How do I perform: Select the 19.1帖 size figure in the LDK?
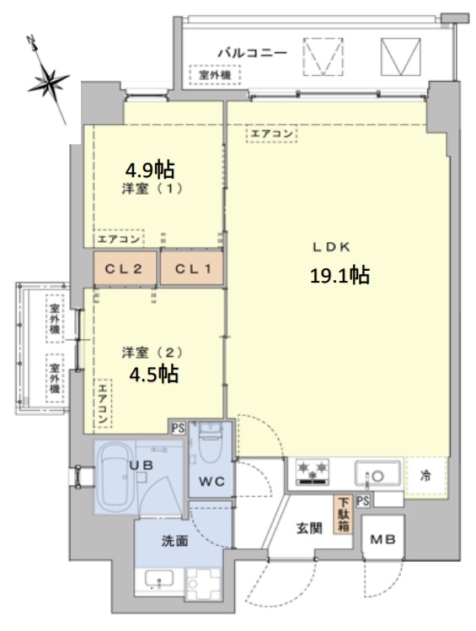(x=340, y=275)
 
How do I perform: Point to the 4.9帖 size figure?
(x=150, y=169)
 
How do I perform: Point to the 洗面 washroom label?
(x=175, y=541)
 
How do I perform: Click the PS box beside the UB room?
(x=178, y=428)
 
